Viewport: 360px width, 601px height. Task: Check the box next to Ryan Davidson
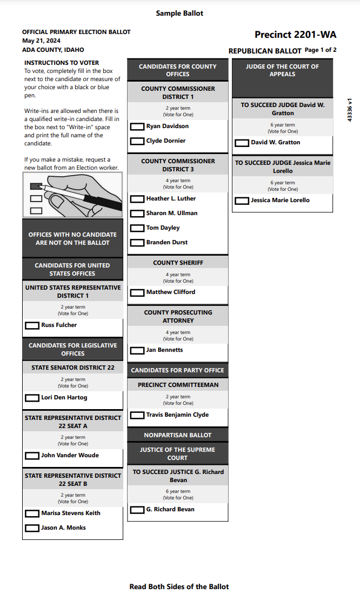coord(137,127)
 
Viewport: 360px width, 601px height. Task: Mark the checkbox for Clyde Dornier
coord(137,142)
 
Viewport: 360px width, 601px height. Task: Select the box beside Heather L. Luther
coord(137,199)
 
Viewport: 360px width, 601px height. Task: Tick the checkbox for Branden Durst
coord(137,243)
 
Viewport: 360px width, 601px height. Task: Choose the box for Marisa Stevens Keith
coord(32,513)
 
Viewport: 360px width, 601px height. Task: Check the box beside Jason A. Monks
coord(32,528)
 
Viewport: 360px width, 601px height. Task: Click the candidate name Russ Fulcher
coord(59,325)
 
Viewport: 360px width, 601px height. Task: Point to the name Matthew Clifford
coord(171,292)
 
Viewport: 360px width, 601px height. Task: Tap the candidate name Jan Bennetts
coord(164,350)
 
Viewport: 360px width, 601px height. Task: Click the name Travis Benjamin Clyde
coord(177,415)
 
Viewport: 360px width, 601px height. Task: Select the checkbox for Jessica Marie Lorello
coord(242,201)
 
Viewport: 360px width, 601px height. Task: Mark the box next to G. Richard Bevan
coord(137,510)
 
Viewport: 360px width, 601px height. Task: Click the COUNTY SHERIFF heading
coord(178,263)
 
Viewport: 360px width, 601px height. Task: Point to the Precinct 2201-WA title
coord(295,35)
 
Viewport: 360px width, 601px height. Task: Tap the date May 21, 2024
coord(41,41)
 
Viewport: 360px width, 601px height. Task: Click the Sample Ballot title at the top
coord(179,13)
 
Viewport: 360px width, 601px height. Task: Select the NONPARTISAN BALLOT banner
coord(178,435)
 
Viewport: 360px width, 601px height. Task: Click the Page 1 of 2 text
coord(321,50)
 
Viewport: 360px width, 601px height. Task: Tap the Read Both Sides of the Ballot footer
coord(179,586)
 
